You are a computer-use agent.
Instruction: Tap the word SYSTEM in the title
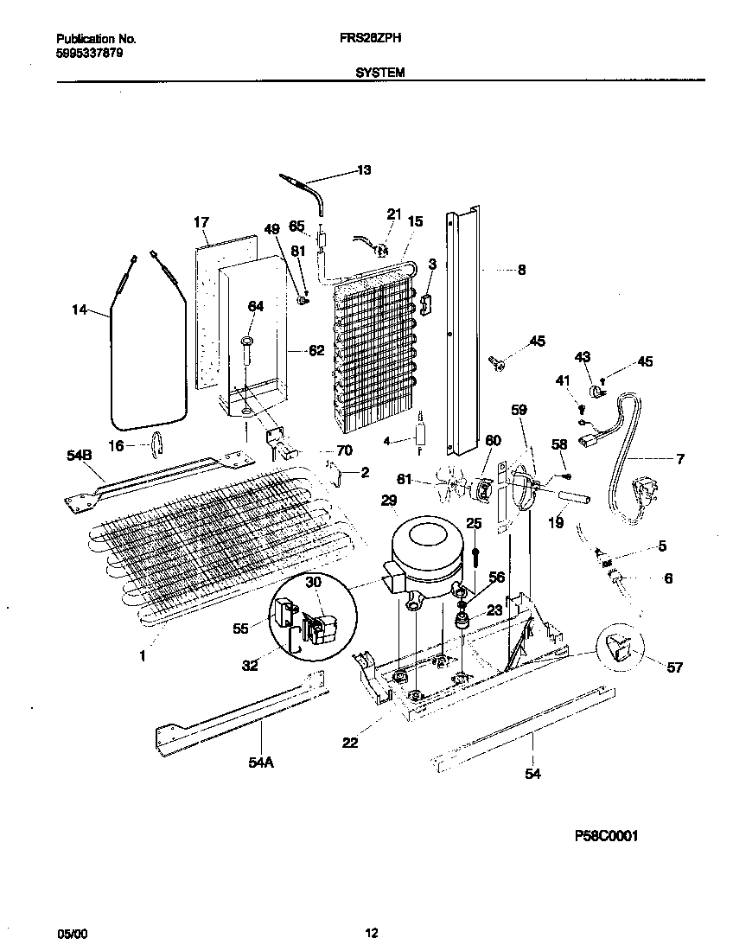[380, 74]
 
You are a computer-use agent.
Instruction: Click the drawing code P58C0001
[606, 836]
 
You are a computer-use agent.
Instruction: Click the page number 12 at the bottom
[371, 933]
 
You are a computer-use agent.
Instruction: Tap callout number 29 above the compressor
[388, 501]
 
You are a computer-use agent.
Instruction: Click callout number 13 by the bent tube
[363, 170]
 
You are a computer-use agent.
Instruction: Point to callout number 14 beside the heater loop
[80, 308]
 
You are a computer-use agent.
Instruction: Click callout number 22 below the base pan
[350, 742]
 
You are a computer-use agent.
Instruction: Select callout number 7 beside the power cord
[680, 459]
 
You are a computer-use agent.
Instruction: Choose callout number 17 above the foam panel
[201, 222]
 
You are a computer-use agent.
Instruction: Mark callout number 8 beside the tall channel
[521, 270]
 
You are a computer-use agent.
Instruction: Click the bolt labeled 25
[474, 552]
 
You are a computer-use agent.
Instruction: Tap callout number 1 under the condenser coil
[143, 656]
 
